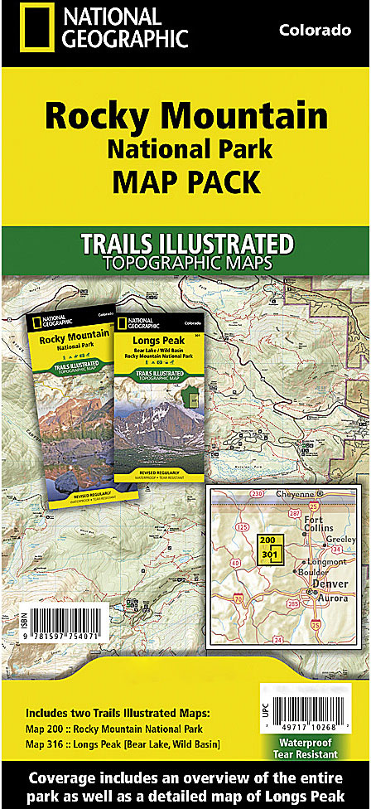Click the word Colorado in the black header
(315, 31)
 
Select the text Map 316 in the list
(50, 744)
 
